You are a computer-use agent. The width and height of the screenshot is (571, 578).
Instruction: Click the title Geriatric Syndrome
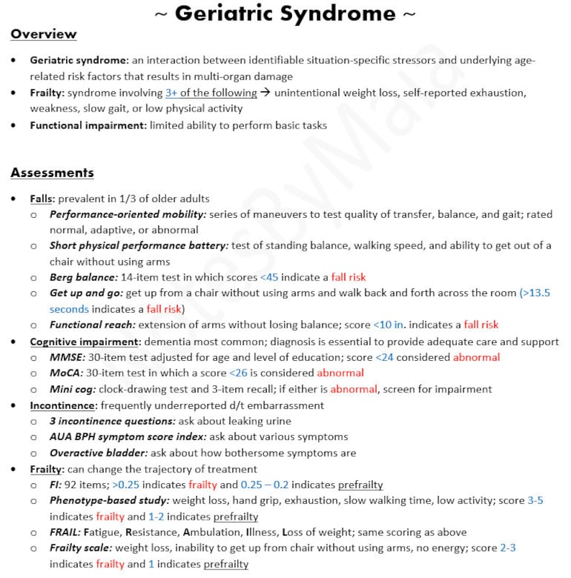coord(285,13)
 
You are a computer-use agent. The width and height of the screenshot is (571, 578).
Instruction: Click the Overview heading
coord(43,34)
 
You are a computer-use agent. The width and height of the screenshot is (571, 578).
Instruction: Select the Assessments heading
coord(52,173)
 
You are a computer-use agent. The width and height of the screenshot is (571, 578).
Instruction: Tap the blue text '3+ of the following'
coord(211,93)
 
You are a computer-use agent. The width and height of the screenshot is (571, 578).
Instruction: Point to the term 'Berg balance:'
coord(83,277)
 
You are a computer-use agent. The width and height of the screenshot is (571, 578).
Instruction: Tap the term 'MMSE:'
coord(66,357)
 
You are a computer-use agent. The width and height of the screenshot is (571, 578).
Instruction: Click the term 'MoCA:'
coord(66,373)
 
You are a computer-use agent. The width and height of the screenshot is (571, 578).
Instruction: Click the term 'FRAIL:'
coord(65,533)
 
